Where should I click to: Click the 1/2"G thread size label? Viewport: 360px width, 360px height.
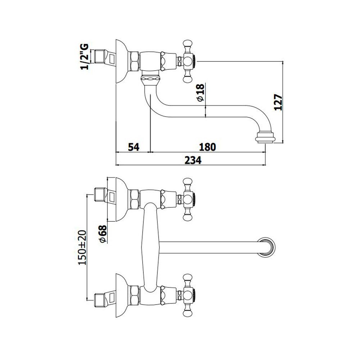(84, 56)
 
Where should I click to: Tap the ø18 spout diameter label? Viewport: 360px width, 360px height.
(200, 93)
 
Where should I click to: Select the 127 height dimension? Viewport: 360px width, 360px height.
(278, 102)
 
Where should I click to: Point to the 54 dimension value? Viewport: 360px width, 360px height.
(134, 147)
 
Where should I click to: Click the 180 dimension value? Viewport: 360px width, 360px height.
(207, 147)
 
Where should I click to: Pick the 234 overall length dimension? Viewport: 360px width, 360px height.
(193, 160)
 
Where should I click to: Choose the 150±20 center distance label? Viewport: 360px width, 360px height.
(82, 248)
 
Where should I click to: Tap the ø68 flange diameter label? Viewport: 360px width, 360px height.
(103, 234)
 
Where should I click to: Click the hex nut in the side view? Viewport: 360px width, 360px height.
(135, 61)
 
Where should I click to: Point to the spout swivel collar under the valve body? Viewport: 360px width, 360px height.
(150, 78)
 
